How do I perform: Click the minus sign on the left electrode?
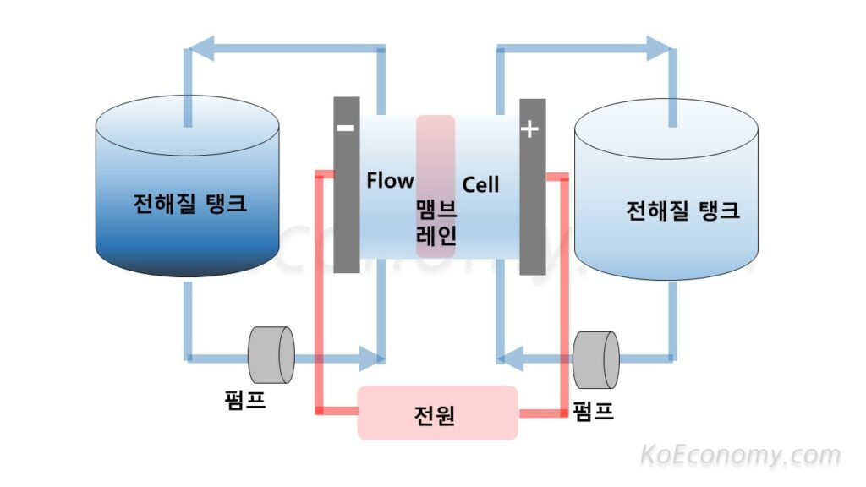coord(345,129)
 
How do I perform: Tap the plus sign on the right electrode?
coord(529,129)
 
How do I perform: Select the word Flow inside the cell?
coord(390,180)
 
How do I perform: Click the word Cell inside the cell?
coord(480,184)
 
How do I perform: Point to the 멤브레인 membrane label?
coord(436,222)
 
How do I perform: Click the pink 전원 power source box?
coord(437,413)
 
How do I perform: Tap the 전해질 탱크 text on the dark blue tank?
coord(189,203)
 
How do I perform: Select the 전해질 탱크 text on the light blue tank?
coord(682,211)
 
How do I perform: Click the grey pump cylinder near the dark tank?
coord(271,355)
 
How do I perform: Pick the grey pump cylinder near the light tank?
coord(596,360)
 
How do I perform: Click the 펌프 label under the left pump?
coord(245,400)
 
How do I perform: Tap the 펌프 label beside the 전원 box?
coord(593,412)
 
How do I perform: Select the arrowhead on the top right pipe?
coord(660,48)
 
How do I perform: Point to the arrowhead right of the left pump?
coord(372,358)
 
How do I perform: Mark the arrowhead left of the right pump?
coord(510,358)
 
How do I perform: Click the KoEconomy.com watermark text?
coord(740,456)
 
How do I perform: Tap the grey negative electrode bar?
coord(346,185)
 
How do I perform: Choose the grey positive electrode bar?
coord(533,187)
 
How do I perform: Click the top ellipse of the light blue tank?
coord(666,129)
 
